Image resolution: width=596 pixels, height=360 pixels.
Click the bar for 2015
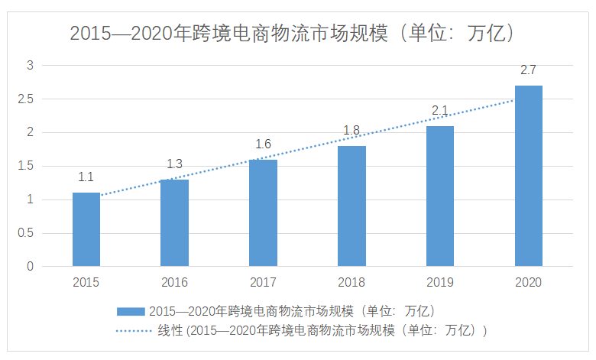tap(86, 229)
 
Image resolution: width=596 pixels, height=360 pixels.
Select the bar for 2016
tap(174, 222)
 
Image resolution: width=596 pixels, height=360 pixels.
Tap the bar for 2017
tap(263, 212)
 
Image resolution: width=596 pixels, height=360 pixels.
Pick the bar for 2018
tap(351, 206)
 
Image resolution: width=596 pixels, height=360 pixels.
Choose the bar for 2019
tap(440, 196)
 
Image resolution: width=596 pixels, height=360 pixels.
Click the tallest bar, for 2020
tap(528, 176)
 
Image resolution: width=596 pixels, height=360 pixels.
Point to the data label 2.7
tap(528, 70)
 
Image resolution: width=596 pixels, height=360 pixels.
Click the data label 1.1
tap(86, 177)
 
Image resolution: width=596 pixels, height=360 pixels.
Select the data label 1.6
tap(263, 144)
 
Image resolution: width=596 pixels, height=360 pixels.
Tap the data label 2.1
tap(440, 111)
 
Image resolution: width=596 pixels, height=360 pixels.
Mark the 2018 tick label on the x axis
tap(351, 282)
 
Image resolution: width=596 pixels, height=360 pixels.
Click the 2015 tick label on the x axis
tap(86, 282)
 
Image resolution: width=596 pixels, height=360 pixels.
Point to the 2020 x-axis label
tap(528, 282)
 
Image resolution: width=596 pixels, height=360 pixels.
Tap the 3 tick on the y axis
tap(31, 66)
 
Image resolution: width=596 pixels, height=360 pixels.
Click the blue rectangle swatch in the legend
tap(130, 311)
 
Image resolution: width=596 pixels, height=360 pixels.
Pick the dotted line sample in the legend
tap(133, 331)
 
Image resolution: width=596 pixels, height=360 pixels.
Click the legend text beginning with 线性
tap(322, 331)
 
